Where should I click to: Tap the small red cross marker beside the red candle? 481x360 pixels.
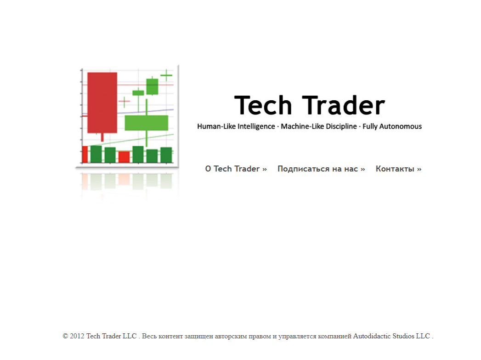tap(124, 102)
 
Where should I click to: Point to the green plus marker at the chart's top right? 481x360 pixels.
tap(166, 75)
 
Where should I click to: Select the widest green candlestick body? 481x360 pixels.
tap(147, 123)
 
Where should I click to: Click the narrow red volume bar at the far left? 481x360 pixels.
tap(85, 154)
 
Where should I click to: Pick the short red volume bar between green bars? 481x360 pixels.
tap(124, 157)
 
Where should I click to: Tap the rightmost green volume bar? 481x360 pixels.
tap(166, 155)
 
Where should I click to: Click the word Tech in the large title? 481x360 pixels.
tap(263, 105)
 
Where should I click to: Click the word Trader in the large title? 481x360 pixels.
tap(343, 105)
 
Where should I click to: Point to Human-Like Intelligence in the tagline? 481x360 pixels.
tap(236, 126)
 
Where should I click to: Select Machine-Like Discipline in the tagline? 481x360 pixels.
tap(319, 126)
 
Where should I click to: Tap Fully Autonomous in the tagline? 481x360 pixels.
tap(392, 126)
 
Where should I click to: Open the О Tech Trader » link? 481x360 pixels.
tap(236, 169)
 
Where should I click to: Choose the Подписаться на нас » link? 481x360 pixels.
tap(321, 169)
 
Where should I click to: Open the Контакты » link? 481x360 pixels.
tap(398, 169)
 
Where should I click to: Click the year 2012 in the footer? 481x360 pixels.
tap(77, 336)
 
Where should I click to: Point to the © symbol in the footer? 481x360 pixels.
tap(65, 337)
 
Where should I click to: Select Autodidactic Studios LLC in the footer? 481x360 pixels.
tap(391, 336)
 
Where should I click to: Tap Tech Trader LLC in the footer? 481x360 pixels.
tap(111, 336)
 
